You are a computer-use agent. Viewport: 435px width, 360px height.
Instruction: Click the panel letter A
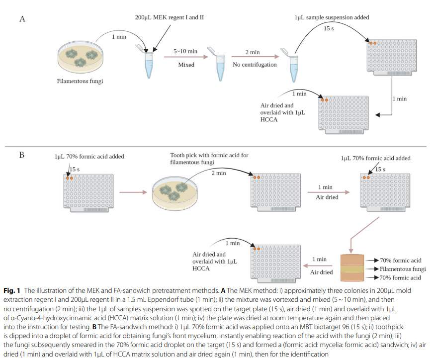tap(22, 19)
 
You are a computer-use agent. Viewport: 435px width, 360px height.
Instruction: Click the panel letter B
tap(22, 155)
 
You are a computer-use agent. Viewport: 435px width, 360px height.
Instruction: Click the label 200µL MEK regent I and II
tap(169, 17)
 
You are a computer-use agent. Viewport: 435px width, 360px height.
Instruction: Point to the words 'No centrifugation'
tap(253, 65)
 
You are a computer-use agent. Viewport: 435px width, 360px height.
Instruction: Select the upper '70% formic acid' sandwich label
tap(400, 261)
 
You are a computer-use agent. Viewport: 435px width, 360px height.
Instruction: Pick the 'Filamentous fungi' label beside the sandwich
tap(403, 269)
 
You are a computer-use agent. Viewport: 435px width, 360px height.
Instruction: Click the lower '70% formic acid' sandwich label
tap(400, 277)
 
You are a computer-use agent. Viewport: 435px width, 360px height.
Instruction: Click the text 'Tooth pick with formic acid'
tap(209, 155)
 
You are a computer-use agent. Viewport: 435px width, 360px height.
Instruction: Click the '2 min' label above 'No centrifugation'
tap(253, 52)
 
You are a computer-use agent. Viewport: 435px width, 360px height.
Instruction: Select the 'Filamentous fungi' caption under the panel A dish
tap(80, 81)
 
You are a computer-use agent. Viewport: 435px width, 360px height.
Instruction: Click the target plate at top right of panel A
tap(392, 56)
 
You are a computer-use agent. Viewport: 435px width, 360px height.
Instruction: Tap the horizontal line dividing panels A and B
tap(217, 147)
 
